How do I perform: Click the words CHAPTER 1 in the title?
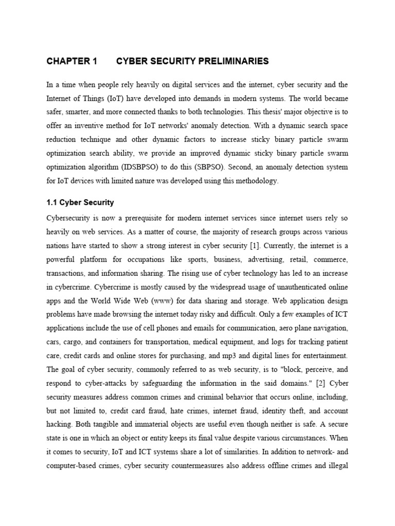[71, 61]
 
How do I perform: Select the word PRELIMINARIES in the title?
[236, 61]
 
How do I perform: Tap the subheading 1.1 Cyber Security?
[80, 202]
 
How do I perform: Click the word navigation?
[330, 328]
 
